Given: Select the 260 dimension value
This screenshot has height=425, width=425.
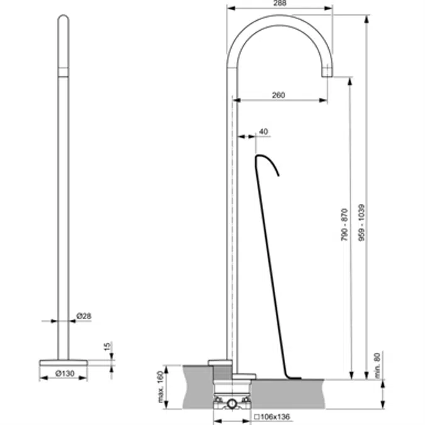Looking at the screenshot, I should coord(278,95).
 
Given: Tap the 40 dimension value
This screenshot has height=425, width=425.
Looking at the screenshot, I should coord(263,132).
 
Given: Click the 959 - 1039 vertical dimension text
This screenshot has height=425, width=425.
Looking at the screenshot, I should coord(361,222).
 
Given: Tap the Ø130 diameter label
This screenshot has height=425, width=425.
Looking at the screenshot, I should coord(64,373).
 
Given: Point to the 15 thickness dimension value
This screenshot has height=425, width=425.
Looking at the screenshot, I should coord(107,347).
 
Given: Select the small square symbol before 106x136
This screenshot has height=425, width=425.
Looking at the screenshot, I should coord(256,416).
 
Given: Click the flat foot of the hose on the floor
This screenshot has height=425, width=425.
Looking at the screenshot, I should coord(293,377).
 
